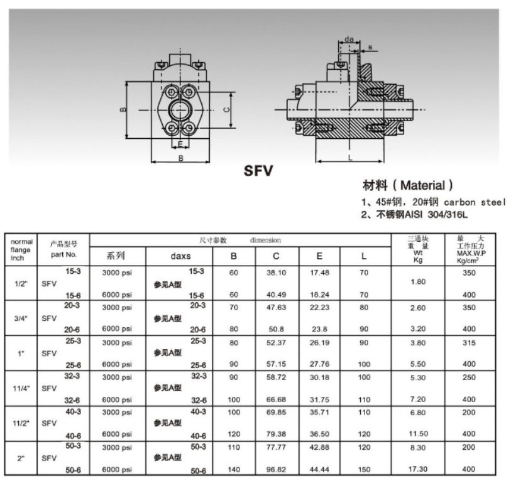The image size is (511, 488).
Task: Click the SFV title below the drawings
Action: [x=258, y=171]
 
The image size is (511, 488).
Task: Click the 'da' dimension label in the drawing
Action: [x=349, y=40]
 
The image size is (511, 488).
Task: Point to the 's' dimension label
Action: [x=370, y=48]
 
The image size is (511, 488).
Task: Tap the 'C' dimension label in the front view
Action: [x=226, y=110]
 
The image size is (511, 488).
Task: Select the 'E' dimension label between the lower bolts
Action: [x=180, y=144]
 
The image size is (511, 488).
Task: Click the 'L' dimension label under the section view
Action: [x=350, y=158]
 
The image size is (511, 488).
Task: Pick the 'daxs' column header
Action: [x=180, y=256]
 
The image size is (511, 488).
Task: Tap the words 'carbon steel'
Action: [x=475, y=202]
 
